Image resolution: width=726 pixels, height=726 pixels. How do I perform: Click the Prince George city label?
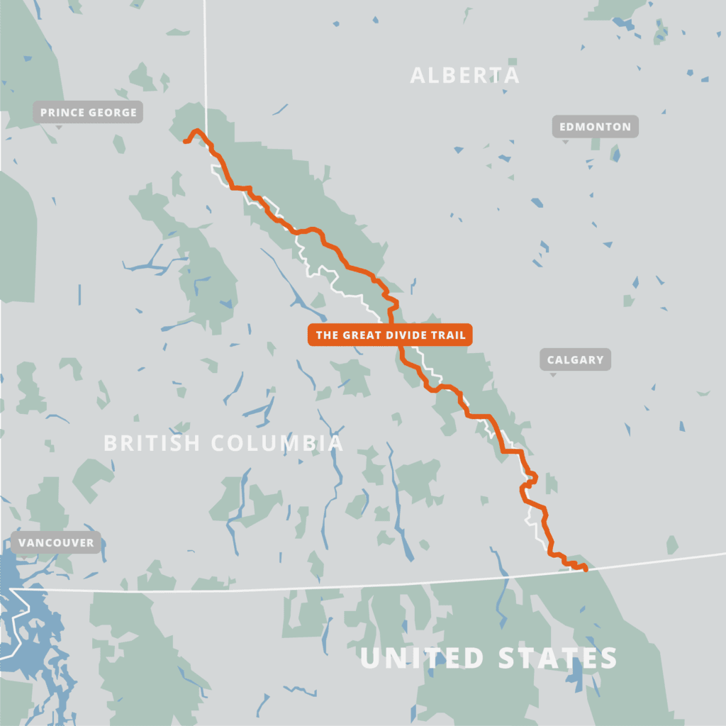89,112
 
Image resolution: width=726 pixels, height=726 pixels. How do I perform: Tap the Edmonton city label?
595,127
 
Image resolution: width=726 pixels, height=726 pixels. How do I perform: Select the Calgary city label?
575,359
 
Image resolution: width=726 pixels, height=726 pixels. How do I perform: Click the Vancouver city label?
56,542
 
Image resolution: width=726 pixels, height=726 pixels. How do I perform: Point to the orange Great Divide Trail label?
391,335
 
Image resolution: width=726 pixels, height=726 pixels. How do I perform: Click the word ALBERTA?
464,75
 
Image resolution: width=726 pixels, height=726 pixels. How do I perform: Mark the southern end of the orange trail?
586,569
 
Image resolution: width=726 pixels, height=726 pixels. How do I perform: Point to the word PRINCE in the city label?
62,112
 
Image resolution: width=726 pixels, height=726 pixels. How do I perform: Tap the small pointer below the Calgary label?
553,374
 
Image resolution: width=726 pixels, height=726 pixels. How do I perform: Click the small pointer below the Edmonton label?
565,140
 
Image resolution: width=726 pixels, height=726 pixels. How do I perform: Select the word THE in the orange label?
327,335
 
